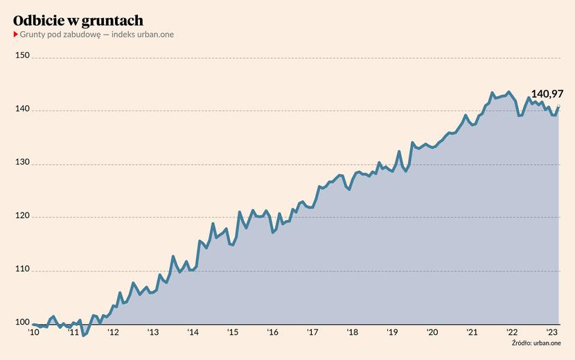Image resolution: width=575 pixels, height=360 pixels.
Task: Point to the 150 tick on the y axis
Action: [x=22, y=56]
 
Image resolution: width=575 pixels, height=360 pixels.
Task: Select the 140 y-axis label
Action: [x=22, y=110]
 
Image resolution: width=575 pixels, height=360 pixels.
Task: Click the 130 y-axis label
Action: [x=22, y=163]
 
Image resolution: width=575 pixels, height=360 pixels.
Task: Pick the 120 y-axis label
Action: [x=22, y=217]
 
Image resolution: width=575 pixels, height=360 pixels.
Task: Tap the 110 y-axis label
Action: [x=22, y=270]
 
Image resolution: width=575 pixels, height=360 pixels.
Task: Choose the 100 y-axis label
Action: [x=22, y=323]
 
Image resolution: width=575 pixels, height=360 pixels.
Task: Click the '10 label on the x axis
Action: [x=33, y=332]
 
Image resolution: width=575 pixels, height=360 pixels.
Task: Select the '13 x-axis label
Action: [x=152, y=332]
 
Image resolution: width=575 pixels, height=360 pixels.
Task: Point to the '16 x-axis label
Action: [x=272, y=332]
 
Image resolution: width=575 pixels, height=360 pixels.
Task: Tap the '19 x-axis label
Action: [x=392, y=332]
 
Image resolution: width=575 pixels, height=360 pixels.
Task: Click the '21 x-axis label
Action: [x=472, y=332]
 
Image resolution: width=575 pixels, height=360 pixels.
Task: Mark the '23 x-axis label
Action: [x=552, y=332]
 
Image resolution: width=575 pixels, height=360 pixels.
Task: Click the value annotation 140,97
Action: [x=547, y=93]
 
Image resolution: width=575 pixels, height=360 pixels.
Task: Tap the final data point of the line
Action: [x=558, y=107]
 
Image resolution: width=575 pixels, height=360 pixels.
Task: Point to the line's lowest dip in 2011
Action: [x=84, y=336]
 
